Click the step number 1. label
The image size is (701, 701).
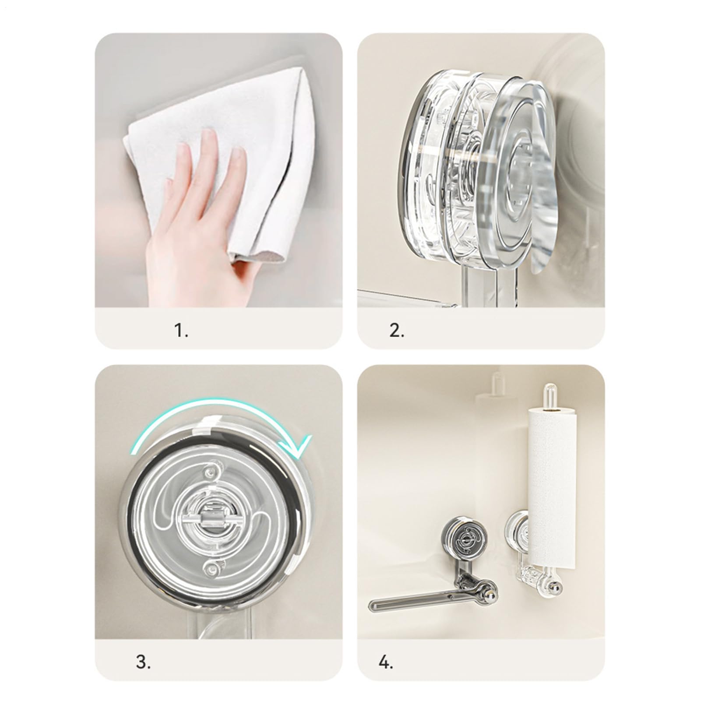(182, 331)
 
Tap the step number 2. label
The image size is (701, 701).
(397, 331)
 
